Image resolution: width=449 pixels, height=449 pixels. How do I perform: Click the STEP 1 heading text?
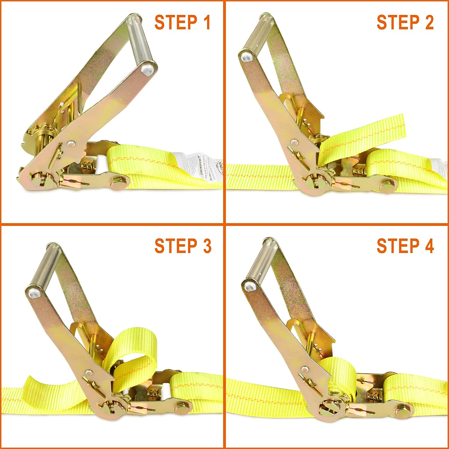coord(182,22)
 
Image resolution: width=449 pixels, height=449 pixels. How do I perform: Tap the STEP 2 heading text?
coord(405,22)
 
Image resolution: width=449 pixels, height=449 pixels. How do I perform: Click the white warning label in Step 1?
coord(198,166)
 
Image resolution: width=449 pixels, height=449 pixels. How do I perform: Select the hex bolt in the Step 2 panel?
coord(387,185)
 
